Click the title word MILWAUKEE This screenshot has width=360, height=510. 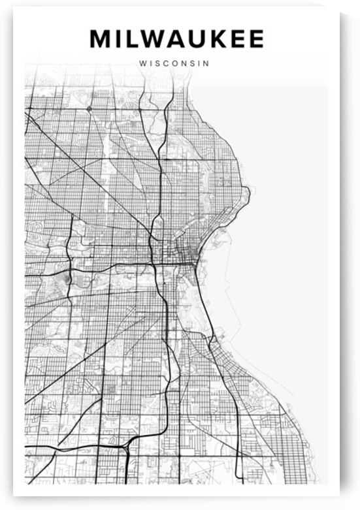(x=176, y=39)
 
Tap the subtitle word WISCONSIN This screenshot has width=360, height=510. (x=173, y=64)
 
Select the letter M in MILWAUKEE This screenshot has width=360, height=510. (x=100, y=39)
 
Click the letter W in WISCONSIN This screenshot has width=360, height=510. (x=143, y=64)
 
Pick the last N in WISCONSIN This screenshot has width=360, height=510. (x=205, y=64)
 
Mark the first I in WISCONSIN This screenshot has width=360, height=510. (x=151, y=64)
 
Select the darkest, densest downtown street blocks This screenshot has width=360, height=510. (x=186, y=251)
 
